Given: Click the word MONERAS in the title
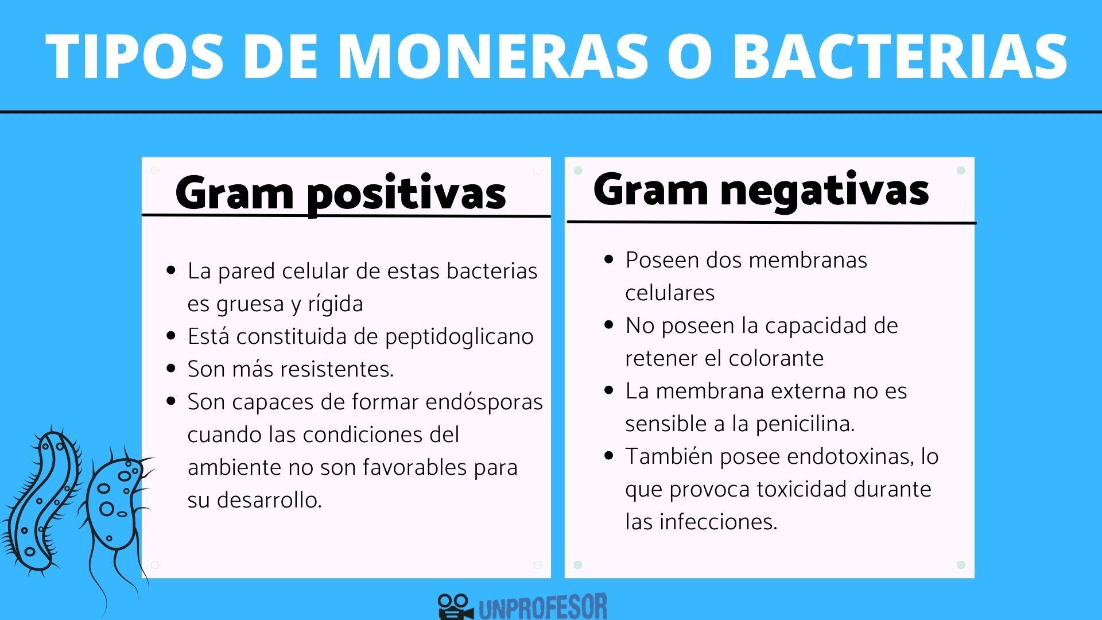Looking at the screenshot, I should (x=493, y=56).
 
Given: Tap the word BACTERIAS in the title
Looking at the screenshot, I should (x=900, y=56).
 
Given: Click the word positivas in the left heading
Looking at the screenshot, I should (x=406, y=194).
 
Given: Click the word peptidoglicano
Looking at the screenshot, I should (x=459, y=336).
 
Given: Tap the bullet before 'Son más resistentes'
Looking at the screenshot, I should (x=170, y=369).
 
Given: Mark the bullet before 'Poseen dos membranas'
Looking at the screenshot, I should (x=609, y=259).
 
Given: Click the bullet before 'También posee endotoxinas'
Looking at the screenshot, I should (x=609, y=456).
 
